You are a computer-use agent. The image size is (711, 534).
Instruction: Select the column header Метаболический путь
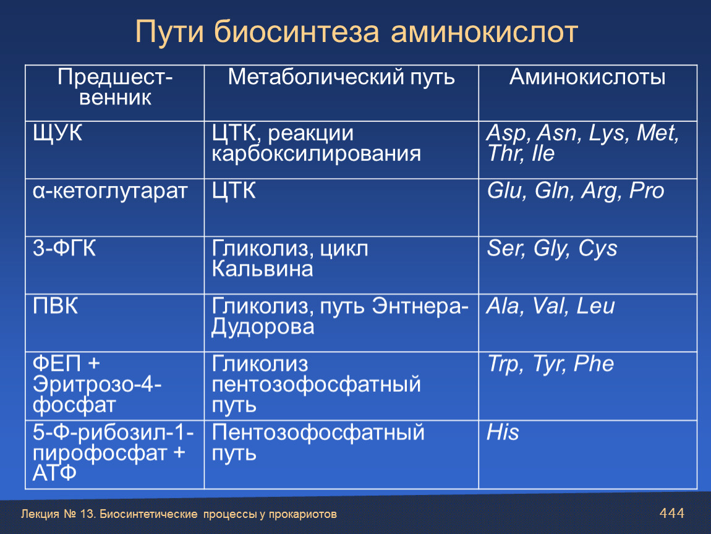tap(341, 77)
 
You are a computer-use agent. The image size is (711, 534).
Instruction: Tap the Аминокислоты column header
tap(587, 77)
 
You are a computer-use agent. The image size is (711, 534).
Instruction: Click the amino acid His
tap(503, 432)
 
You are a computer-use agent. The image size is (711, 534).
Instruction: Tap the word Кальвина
tap(263, 269)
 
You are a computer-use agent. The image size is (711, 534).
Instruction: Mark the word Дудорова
tap(263, 328)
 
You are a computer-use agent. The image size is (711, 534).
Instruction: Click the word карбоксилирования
tap(316, 154)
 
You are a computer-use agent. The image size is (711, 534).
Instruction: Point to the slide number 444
tap(672, 513)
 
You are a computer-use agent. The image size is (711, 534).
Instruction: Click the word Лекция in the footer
tap(40, 514)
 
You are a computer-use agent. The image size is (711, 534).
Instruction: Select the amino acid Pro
tap(647, 191)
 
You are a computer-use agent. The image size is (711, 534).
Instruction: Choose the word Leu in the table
tap(596, 306)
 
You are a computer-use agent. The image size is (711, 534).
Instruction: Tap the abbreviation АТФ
tap(54, 473)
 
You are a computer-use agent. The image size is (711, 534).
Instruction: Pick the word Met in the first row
tap(657, 133)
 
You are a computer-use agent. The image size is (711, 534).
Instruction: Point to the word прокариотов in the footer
tap(303, 514)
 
